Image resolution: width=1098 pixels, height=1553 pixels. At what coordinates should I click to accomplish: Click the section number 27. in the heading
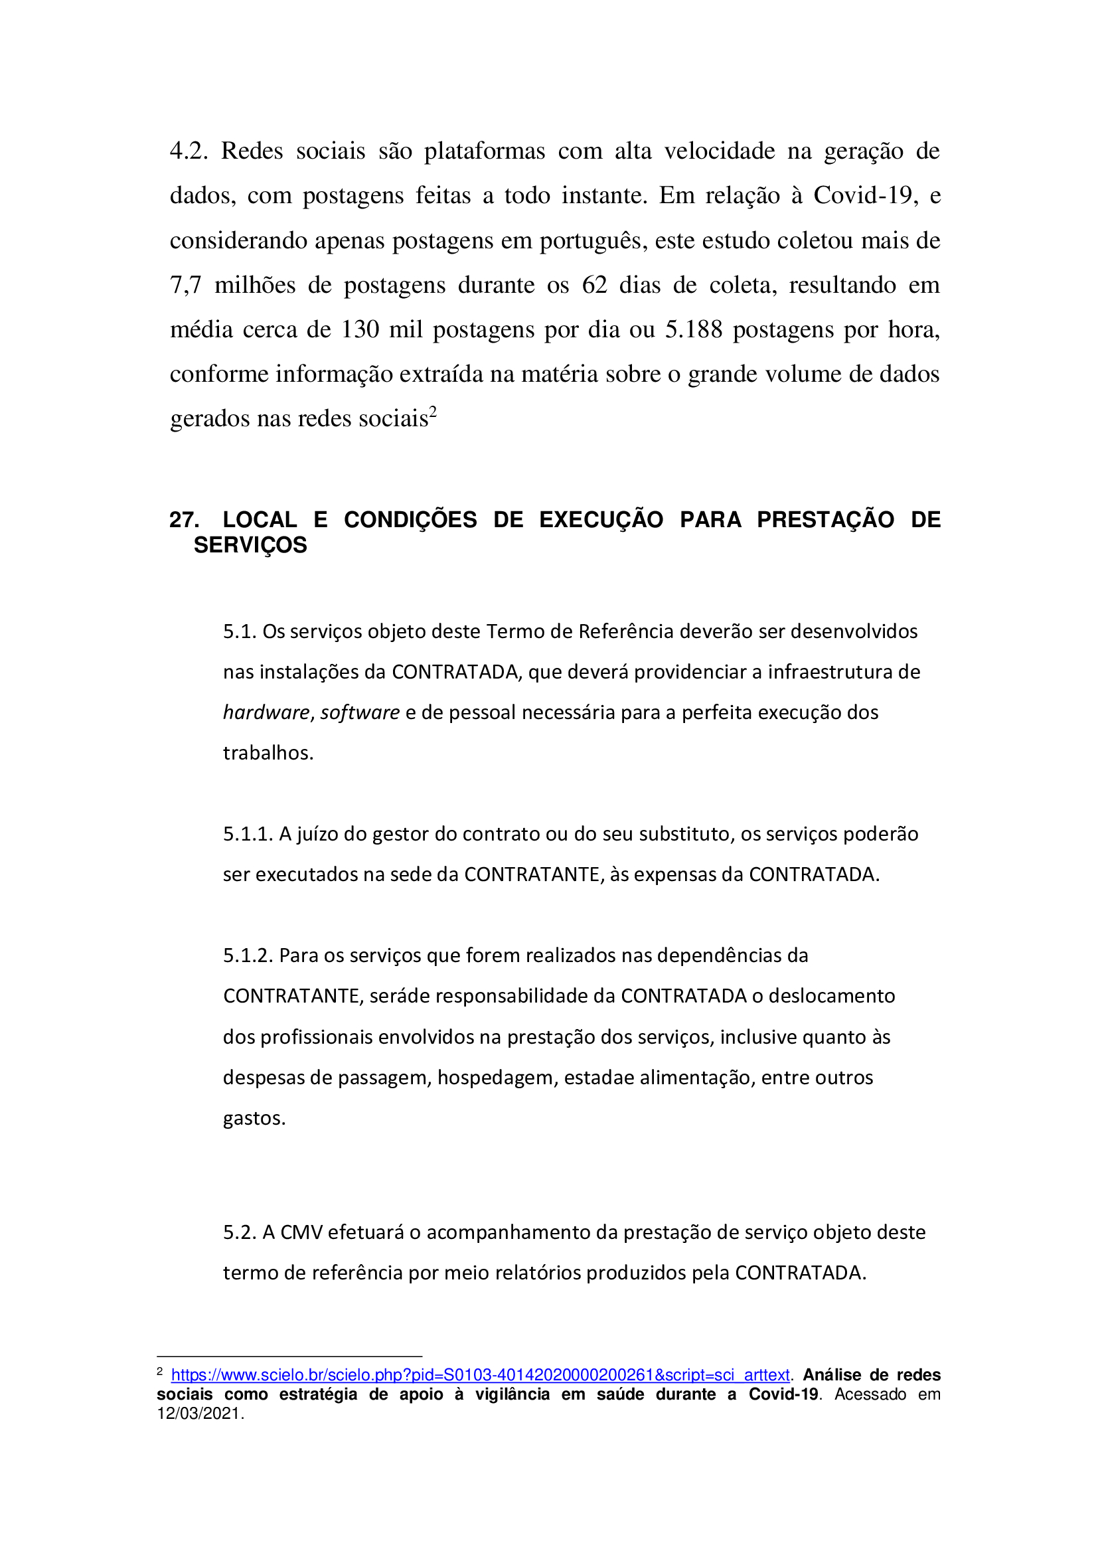pyautogui.click(x=184, y=519)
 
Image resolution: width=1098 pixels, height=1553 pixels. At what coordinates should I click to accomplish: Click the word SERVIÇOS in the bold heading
pyautogui.click(x=250, y=545)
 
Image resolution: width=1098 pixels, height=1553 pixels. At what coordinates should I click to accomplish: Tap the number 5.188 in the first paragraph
pyautogui.click(x=694, y=329)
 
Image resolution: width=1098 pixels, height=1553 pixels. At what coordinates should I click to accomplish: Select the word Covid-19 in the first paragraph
pyautogui.click(x=866, y=195)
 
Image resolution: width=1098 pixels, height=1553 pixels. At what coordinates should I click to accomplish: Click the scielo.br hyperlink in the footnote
pyautogui.click(x=480, y=1375)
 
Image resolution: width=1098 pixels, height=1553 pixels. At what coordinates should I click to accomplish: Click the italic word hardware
pyautogui.click(x=266, y=712)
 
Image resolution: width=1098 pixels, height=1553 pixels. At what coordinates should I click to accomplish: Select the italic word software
pyautogui.click(x=360, y=712)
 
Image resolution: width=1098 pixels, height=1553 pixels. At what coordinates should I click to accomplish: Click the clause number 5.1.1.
pyautogui.click(x=248, y=834)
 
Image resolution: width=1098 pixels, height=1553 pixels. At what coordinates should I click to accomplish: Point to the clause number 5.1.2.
pyautogui.click(x=248, y=955)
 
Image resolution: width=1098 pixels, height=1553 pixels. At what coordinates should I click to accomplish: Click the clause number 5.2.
pyautogui.click(x=240, y=1232)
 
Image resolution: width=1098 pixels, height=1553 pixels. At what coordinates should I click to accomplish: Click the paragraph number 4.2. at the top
pyautogui.click(x=189, y=151)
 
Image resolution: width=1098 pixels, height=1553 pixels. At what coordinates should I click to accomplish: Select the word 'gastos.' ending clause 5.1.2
pyautogui.click(x=254, y=1119)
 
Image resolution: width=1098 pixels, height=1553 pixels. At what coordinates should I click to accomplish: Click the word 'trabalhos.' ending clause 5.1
pyautogui.click(x=268, y=753)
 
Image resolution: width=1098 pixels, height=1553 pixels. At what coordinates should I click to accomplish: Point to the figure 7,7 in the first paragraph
pyautogui.click(x=185, y=285)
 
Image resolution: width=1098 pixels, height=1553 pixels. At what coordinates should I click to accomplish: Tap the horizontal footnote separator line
pyautogui.click(x=289, y=1356)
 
